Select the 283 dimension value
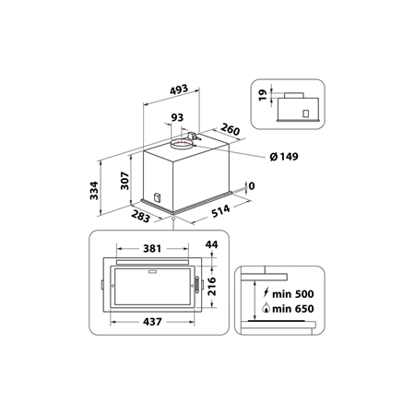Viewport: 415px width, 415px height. (x=141, y=218)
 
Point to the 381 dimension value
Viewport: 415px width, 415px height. (x=154, y=249)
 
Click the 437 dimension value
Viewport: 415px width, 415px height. (x=154, y=323)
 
